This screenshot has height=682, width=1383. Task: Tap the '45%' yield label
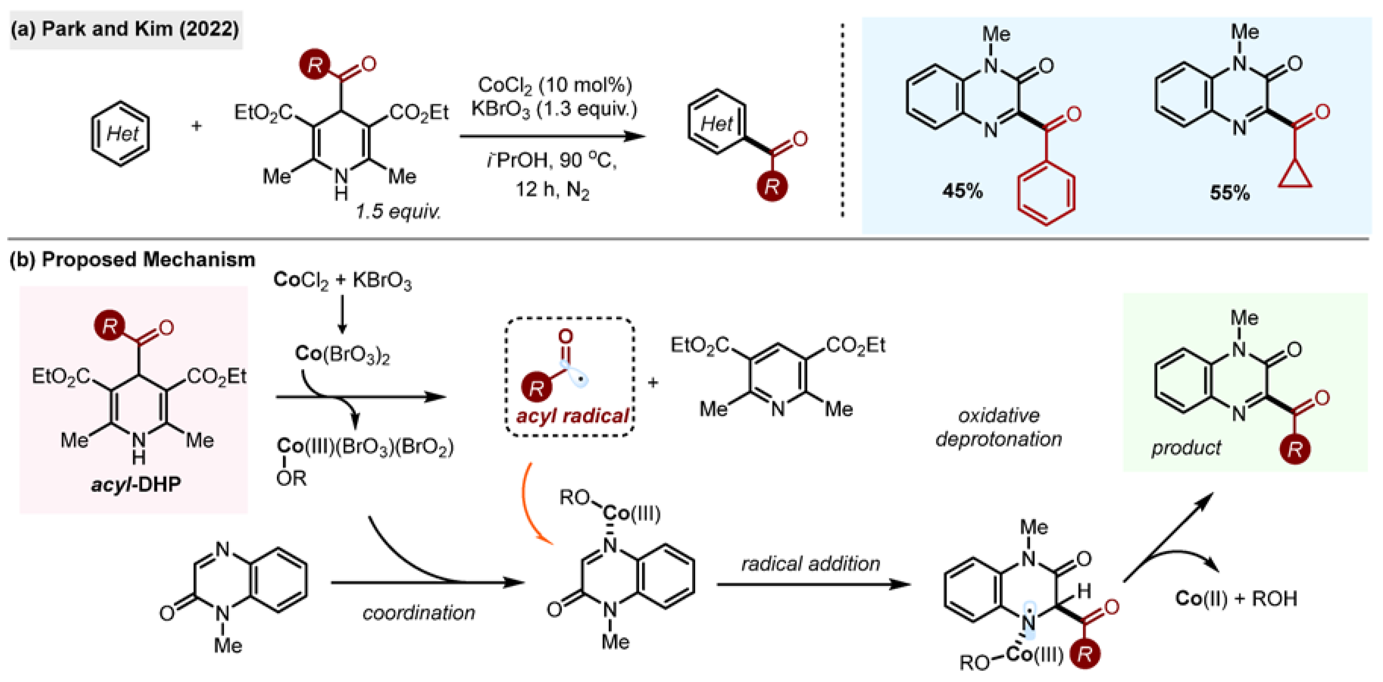962,191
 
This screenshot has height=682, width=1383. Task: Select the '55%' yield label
1230,192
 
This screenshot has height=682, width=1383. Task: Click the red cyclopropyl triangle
1295,177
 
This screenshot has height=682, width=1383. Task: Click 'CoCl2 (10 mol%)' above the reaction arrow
555,85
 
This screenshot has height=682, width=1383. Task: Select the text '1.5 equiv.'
398,211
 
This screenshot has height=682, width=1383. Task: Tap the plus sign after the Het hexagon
197,126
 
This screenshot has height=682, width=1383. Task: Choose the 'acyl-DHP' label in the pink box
136,484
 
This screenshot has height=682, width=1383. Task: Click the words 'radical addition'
811,563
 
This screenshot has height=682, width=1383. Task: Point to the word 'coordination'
419,612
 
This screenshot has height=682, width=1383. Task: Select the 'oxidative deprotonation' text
999,427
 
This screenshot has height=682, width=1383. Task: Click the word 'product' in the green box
1185,447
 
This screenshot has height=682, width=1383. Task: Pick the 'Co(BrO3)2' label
342,354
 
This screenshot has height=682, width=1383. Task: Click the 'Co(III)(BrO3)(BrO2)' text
365,447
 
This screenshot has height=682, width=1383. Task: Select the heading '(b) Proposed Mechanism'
132,260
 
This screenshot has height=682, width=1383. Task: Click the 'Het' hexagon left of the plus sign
120,133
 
